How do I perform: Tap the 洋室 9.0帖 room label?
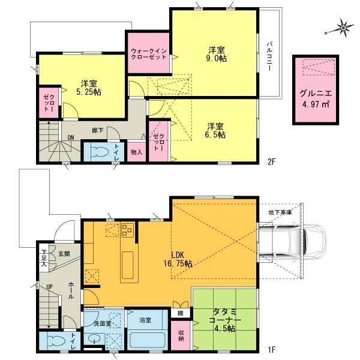pyautogui.click(x=215, y=54)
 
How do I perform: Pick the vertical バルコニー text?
pyautogui.click(x=271, y=56)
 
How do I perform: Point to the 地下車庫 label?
pyautogui.click(x=280, y=212)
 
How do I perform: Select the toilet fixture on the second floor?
pyautogui.click(x=97, y=151)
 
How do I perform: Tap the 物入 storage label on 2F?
pyautogui.click(x=136, y=152)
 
